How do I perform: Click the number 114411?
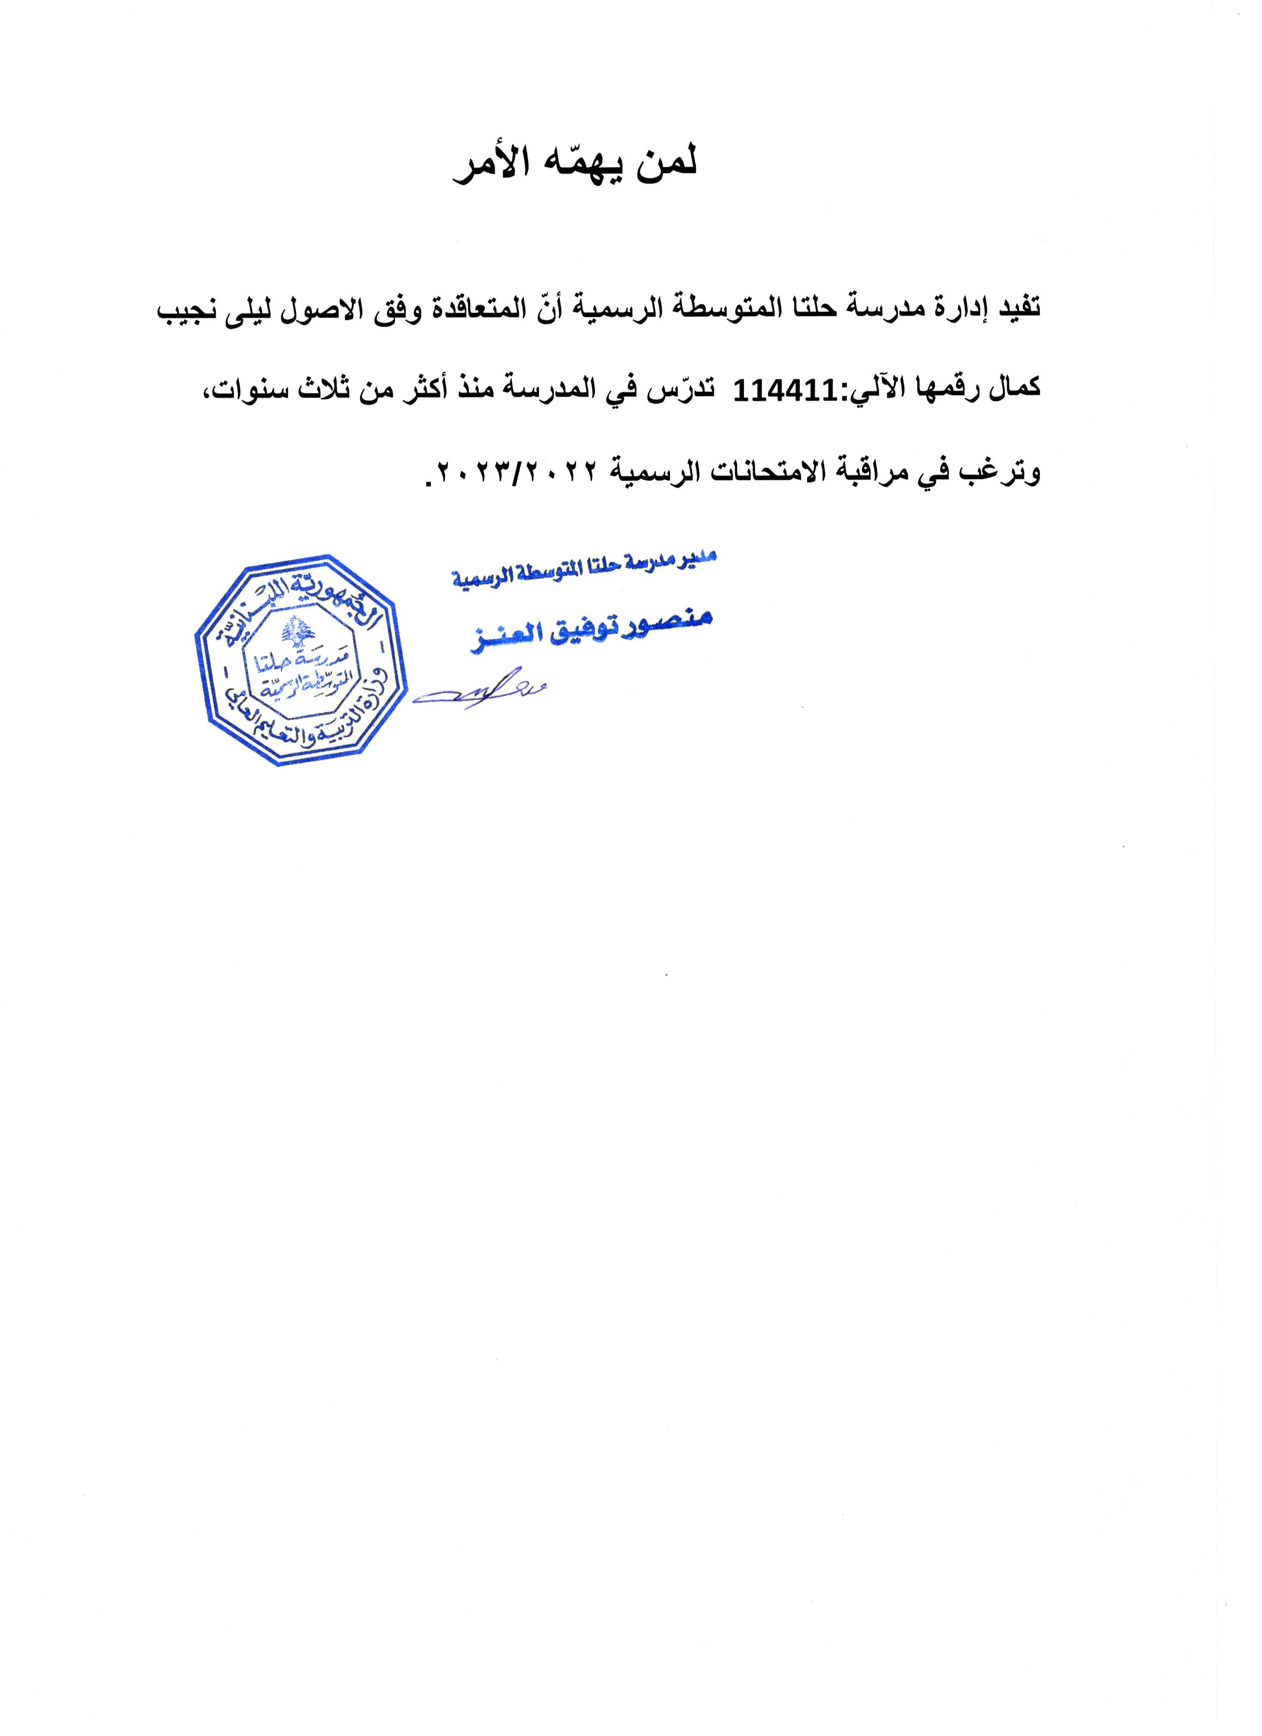778,393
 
